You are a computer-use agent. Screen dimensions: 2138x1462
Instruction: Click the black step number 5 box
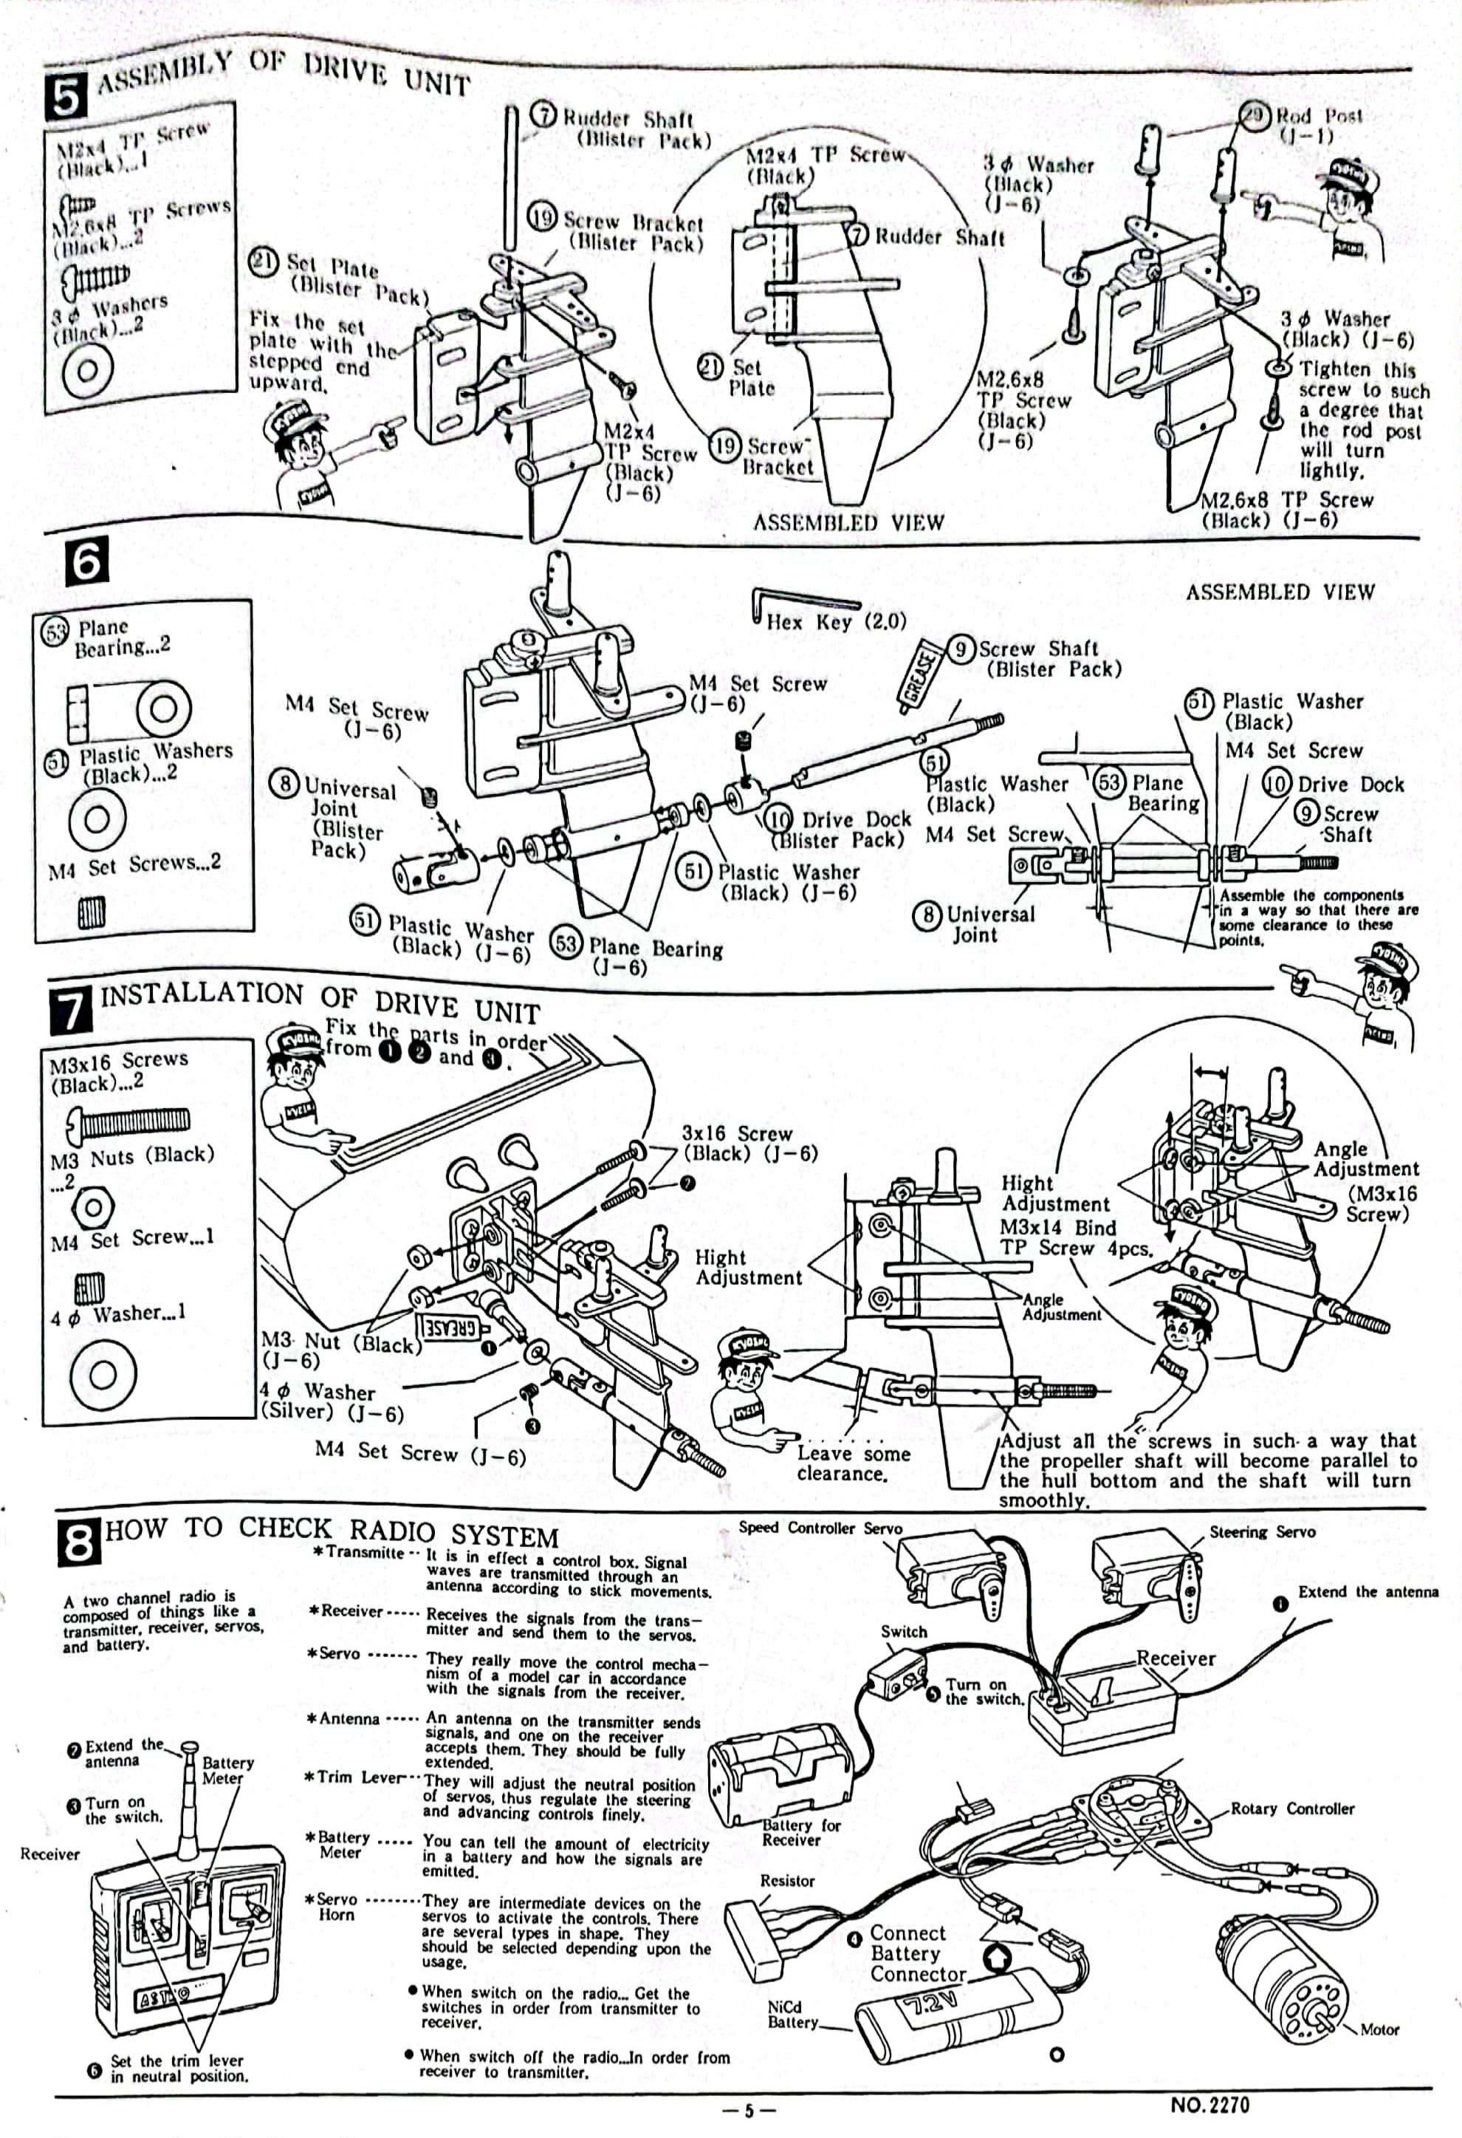pyautogui.click(x=66, y=96)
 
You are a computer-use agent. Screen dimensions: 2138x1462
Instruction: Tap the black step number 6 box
pyautogui.click(x=86, y=560)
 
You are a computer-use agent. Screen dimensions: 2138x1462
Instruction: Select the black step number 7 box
pyautogui.click(x=71, y=1008)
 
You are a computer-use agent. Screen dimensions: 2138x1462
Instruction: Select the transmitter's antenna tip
pyautogui.click(x=191, y=1745)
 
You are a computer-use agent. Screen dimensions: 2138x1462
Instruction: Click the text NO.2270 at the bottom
pyautogui.click(x=1210, y=2105)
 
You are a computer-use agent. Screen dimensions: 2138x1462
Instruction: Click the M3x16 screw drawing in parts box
pyautogui.click(x=128, y=1119)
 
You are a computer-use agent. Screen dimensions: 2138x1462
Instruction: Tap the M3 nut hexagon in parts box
pyautogui.click(x=92, y=1206)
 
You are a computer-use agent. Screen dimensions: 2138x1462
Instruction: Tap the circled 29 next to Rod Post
pyautogui.click(x=1253, y=115)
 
